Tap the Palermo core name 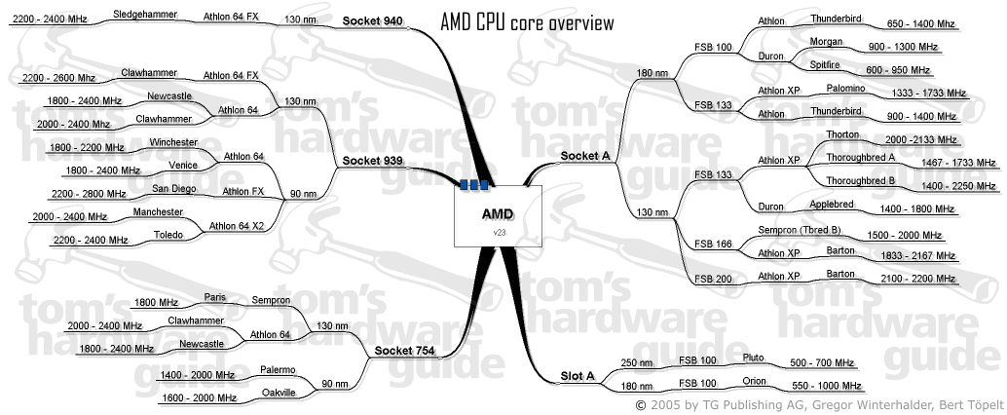click(x=278, y=370)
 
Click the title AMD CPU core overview click(x=527, y=22)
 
